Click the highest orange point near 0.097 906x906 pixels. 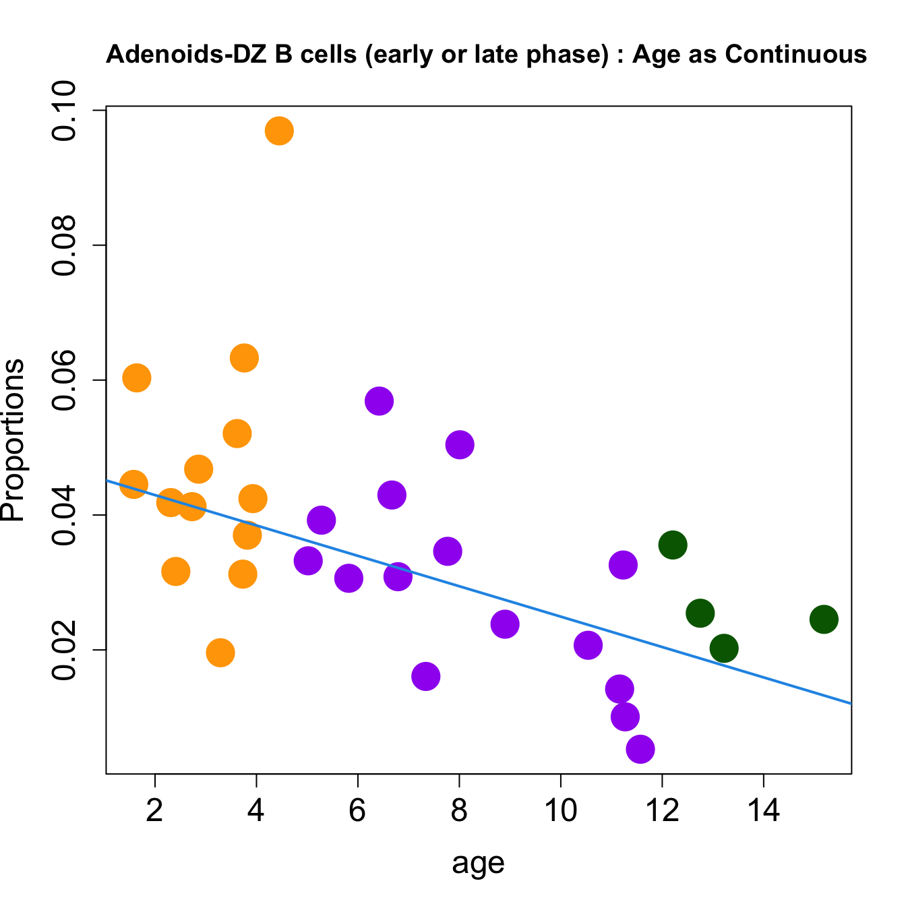[279, 131]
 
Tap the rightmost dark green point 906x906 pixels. [824, 619]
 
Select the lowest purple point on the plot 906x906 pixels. [640, 749]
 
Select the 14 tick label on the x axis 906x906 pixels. [763, 810]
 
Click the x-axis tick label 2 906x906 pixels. [155, 810]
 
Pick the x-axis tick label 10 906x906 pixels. [560, 810]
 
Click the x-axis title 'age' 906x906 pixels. [478, 863]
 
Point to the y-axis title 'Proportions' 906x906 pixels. [13, 440]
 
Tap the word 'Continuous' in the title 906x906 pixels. [795, 55]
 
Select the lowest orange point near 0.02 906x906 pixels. [220, 653]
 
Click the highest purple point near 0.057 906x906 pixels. [380, 401]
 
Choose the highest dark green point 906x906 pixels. [673, 544]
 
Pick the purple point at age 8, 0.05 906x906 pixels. [460, 445]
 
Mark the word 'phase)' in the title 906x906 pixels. [569, 55]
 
